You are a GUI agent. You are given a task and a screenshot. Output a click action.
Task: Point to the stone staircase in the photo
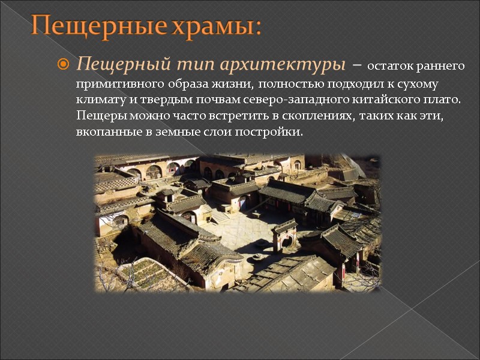[x=220, y=215]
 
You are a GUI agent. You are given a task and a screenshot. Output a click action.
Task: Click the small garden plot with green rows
[x=145, y=274]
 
